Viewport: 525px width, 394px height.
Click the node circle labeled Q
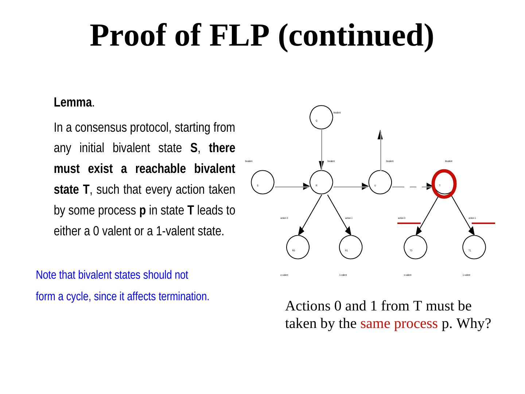(322, 117)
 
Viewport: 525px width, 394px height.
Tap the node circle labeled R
(322, 182)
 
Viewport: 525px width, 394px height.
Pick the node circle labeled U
(380, 182)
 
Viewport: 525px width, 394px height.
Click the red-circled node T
(443, 184)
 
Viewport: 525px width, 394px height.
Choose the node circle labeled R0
(298, 247)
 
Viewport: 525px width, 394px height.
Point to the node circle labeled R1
(351, 247)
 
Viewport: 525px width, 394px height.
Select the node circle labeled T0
(416, 247)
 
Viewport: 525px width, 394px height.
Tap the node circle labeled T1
(474, 247)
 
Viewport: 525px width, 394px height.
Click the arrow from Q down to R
(322, 150)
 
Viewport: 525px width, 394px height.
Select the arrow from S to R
(292, 187)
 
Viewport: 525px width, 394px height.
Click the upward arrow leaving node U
(380, 150)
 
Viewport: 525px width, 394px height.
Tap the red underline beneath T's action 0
(409, 223)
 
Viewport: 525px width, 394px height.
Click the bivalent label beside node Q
(337, 113)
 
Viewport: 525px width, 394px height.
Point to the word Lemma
(72, 103)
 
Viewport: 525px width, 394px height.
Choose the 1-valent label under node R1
(343, 275)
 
